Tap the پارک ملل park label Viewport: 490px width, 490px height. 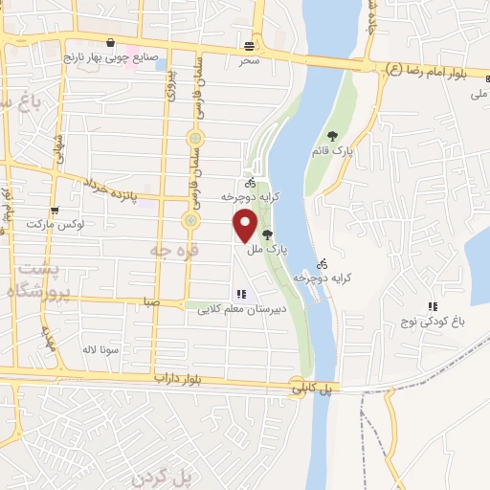[266, 250]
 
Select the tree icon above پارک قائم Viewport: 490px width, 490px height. [332, 136]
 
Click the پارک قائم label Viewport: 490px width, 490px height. [331, 150]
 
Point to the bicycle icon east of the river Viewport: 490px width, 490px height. [323, 263]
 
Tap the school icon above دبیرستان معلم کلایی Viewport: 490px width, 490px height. [241, 295]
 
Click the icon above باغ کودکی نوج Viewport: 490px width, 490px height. [433, 306]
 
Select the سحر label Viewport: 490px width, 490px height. [250, 59]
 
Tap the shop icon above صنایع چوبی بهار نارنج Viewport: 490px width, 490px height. [114, 43]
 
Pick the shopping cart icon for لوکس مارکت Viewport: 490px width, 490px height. [55, 209]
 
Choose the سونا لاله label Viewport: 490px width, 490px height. [100, 349]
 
